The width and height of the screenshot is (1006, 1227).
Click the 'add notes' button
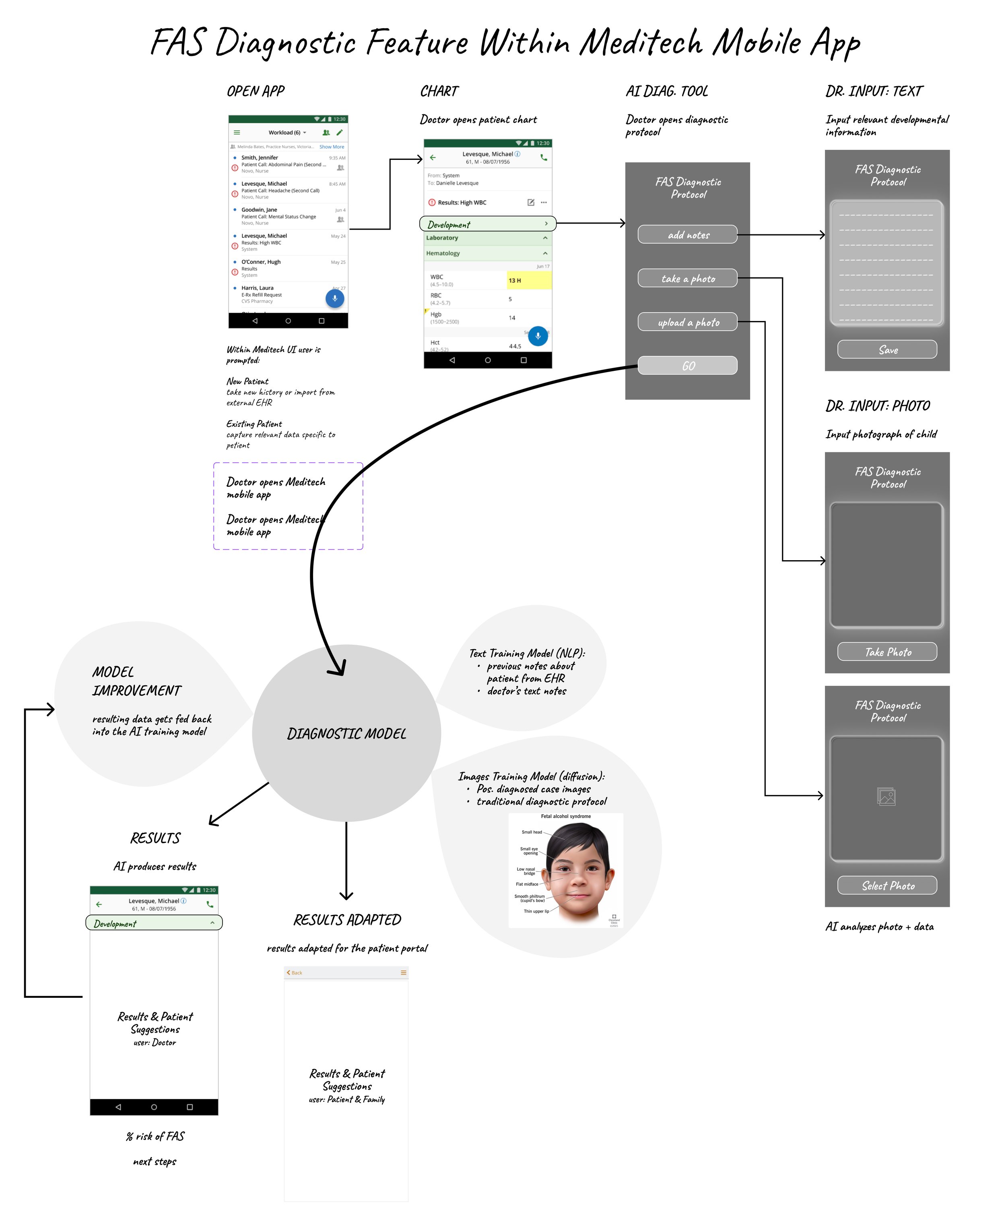click(687, 235)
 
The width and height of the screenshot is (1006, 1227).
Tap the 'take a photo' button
click(687, 278)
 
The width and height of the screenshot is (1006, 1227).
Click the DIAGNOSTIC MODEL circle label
click(346, 734)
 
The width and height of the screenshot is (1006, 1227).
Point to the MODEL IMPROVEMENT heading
click(137, 681)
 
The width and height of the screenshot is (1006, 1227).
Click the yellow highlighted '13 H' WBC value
click(528, 281)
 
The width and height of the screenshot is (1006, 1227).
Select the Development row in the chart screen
click(487, 224)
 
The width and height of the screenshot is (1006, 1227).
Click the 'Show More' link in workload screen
click(332, 147)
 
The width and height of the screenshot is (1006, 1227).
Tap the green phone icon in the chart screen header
click(544, 157)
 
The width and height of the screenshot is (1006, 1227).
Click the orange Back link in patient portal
click(295, 972)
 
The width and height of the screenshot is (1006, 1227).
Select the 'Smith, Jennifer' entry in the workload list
click(260, 158)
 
